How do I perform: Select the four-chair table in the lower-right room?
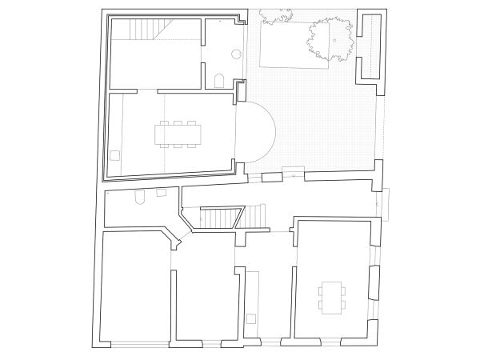[330, 295]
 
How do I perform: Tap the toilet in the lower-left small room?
[139, 196]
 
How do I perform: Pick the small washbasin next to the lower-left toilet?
[162, 192]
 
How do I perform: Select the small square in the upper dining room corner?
[116, 154]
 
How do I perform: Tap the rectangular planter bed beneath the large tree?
[291, 45]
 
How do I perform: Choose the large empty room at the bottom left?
[134, 288]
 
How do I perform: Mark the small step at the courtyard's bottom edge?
[293, 170]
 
